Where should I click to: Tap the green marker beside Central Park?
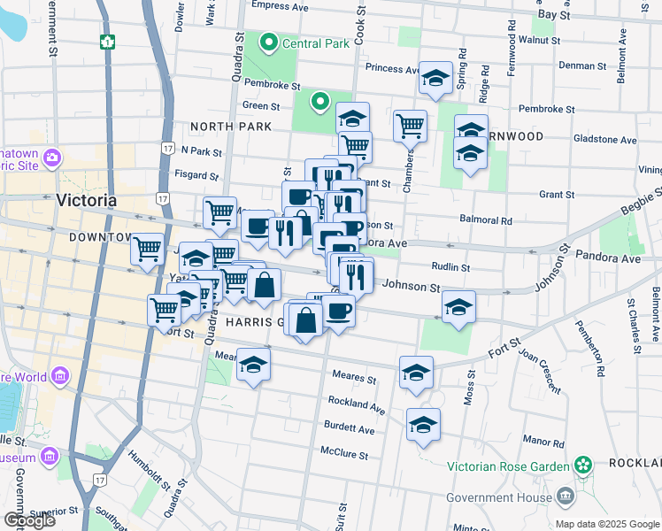click(267, 42)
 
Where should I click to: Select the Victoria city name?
click(86, 200)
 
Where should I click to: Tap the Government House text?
click(494, 497)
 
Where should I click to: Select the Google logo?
click(28, 519)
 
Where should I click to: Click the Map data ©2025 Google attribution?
click(607, 524)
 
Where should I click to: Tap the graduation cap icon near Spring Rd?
click(435, 78)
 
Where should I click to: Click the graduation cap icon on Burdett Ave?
click(423, 424)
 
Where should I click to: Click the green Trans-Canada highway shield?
click(109, 42)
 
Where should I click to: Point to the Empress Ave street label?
click(279, 6)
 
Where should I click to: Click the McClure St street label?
click(343, 453)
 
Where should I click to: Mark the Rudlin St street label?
click(451, 266)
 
